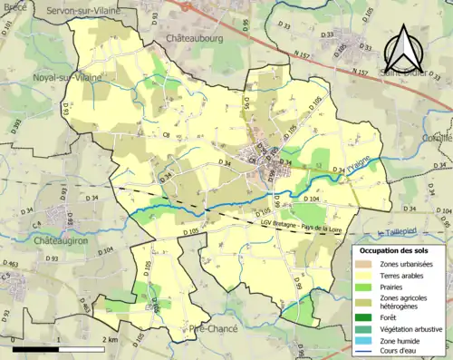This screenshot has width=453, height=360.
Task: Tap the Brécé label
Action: click(15, 5)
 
